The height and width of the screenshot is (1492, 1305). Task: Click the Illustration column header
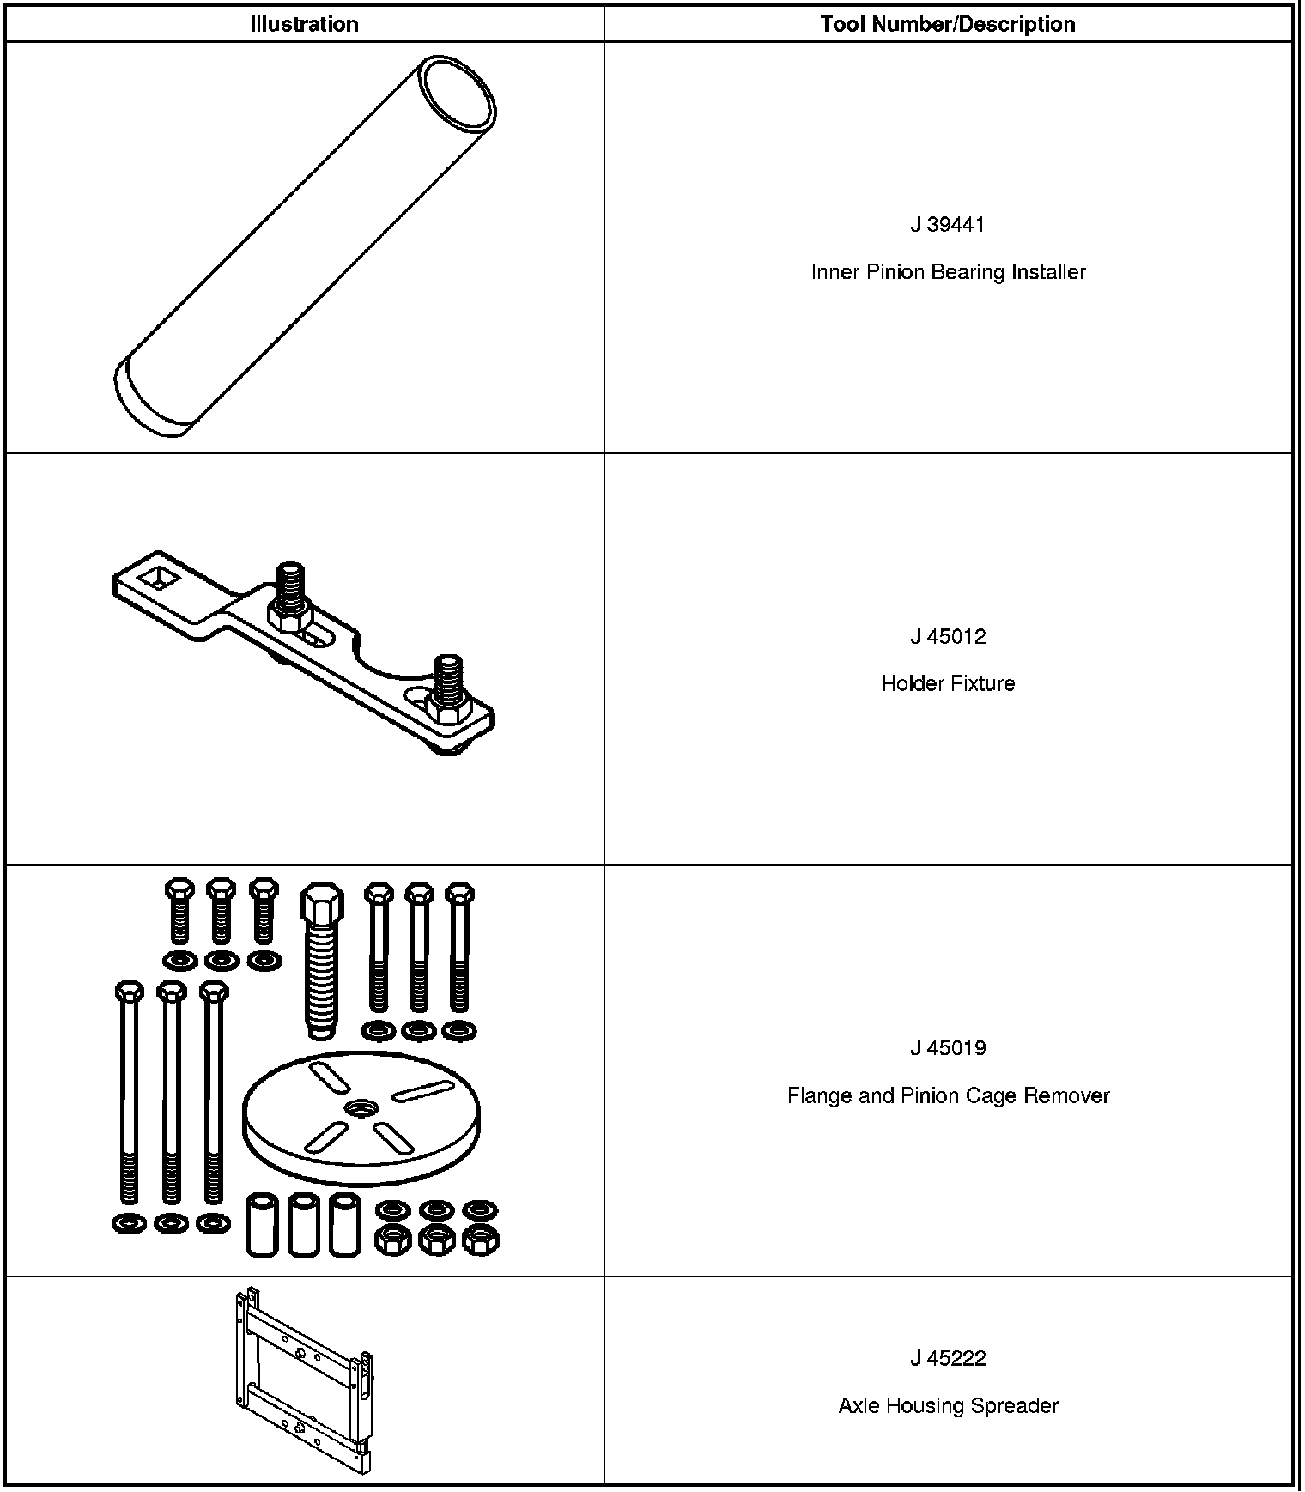point(304,24)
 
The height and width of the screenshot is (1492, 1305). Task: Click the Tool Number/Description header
point(948,24)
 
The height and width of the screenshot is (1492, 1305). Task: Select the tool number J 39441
point(948,225)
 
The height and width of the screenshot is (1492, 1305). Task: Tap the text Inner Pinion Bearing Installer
point(948,272)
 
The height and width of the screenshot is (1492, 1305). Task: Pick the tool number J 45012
point(948,637)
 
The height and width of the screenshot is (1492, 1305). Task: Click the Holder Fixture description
point(948,684)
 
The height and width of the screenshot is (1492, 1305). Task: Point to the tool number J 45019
point(948,1048)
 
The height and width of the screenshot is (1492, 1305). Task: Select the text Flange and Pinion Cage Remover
point(948,1096)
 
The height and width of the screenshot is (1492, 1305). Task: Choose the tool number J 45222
point(948,1359)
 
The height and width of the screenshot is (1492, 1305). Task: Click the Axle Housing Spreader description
point(948,1406)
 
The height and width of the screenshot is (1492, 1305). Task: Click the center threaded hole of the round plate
point(361,1108)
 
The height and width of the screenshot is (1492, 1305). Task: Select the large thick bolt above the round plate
point(321,961)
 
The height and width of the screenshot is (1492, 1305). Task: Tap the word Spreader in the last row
point(1022,1406)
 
